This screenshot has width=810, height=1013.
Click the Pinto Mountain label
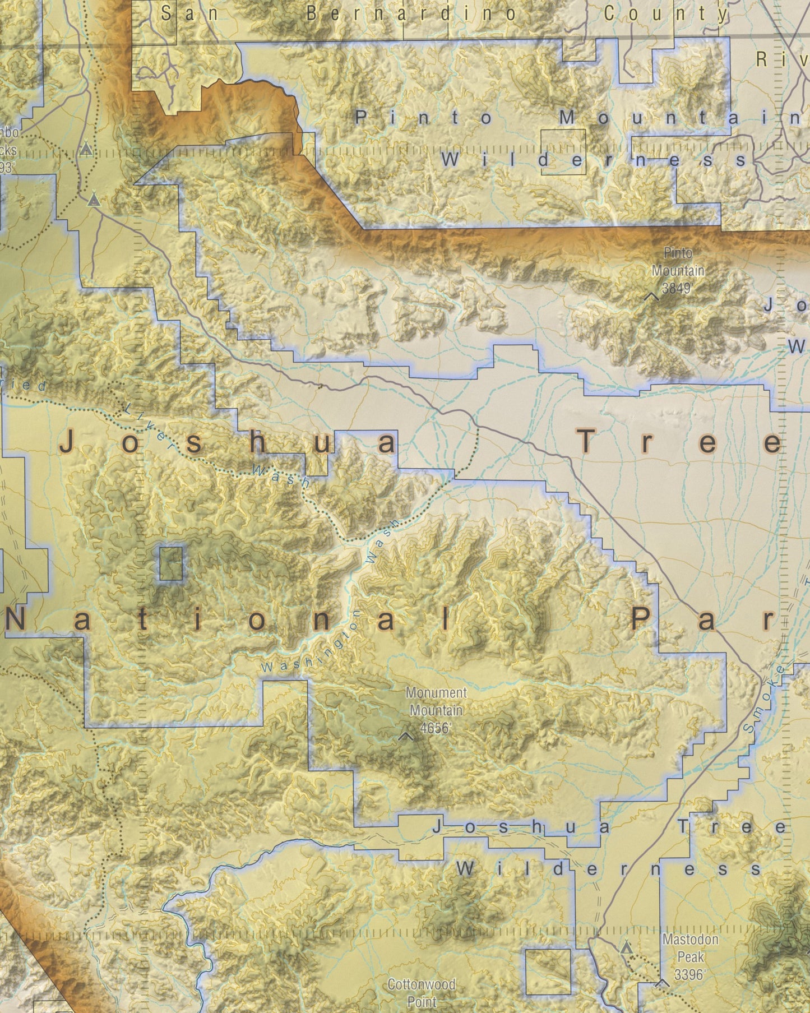coord(677,262)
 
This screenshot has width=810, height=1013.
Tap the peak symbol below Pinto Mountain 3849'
coord(652,296)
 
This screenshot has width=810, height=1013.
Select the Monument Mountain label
coord(436,701)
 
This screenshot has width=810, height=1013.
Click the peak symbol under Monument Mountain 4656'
coord(406,736)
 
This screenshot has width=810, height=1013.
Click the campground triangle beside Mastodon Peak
coord(627,947)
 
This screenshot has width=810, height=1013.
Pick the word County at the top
coord(665,14)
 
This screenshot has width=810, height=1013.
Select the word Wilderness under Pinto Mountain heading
coord(593,160)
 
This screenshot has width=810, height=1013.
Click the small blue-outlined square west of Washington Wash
coord(170,563)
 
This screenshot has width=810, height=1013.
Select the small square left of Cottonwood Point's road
coord(548,972)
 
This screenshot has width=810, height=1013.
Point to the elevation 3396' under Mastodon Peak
coord(689,975)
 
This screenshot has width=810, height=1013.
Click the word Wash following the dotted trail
coord(280,475)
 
